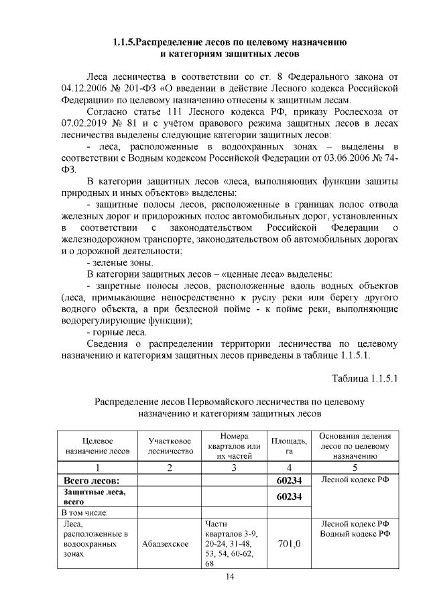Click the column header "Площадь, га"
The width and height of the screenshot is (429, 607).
coord(289,446)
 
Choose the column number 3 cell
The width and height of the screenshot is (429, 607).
coord(234,467)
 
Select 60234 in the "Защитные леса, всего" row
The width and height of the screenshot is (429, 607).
coord(289,497)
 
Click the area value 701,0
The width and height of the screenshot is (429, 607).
coord(289,545)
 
